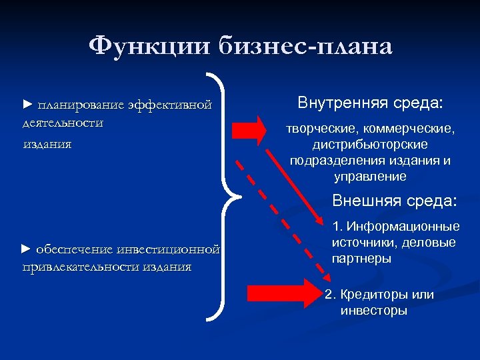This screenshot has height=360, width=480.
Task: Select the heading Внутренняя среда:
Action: pyautogui.click(x=371, y=104)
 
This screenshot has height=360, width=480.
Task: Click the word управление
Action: pyautogui.click(x=370, y=177)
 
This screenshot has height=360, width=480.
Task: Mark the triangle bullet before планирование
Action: pyautogui.click(x=27, y=104)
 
